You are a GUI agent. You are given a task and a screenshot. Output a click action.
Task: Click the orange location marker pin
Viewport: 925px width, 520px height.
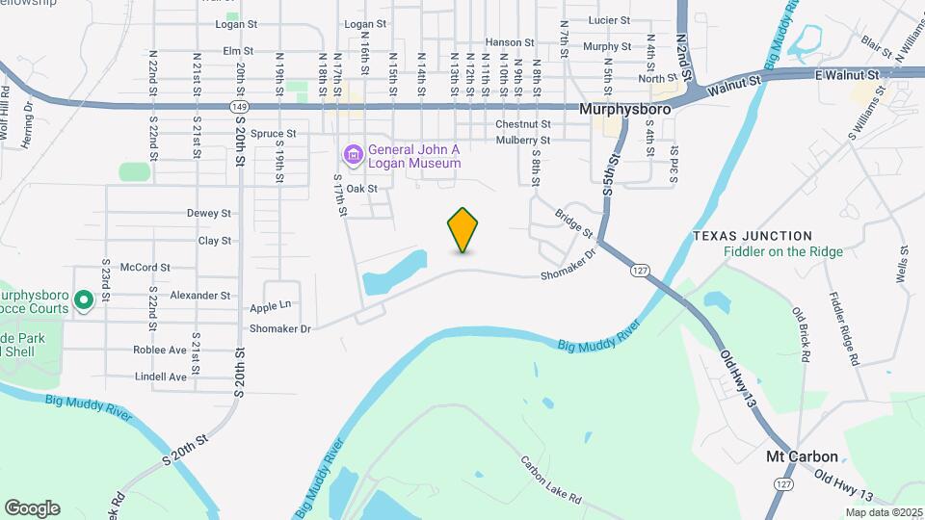[463, 229]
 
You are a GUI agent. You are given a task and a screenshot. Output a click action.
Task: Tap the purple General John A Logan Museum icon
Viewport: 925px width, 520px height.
[353, 154]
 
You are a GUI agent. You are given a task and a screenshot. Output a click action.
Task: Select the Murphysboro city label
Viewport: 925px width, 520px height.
[625, 110]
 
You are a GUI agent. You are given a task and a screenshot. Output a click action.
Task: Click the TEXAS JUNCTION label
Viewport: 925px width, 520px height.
[752, 236]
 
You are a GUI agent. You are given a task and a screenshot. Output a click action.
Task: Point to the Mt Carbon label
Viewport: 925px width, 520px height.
[802, 456]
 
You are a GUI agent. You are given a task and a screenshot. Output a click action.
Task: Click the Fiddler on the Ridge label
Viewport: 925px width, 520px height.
[783, 252]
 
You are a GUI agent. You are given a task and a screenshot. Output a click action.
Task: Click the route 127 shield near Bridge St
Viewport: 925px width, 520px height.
[639, 271]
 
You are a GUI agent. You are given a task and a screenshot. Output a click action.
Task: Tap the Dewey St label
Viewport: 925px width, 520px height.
[209, 213]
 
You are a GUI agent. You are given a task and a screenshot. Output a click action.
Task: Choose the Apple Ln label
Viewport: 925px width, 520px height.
[270, 305]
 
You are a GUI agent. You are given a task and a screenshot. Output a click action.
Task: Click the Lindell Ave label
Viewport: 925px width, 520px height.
[161, 377]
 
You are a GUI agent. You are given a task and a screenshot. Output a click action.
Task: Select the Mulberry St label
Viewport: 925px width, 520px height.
[523, 140]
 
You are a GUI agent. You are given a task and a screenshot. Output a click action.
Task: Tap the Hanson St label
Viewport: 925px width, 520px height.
[510, 42]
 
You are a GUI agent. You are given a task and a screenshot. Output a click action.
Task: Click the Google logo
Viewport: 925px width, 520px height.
[32, 507]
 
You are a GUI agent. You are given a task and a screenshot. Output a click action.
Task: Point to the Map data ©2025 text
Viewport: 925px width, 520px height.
[883, 512]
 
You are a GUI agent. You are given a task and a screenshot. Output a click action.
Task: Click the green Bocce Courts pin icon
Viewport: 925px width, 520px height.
[83, 301]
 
